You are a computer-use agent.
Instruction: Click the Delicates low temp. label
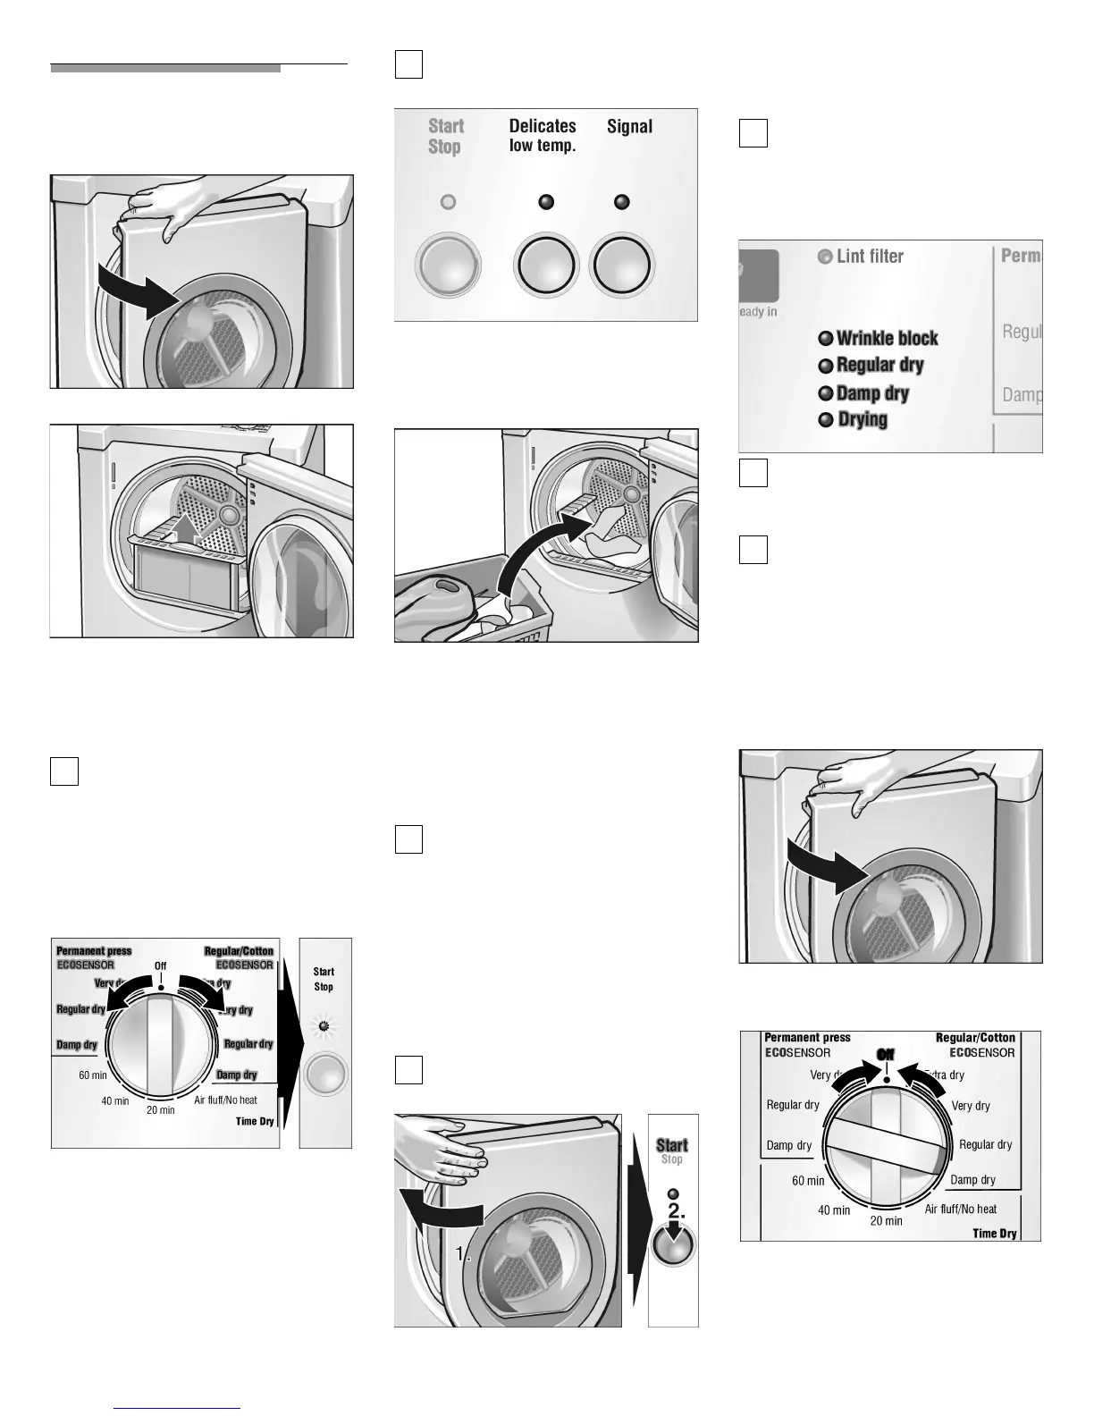click(543, 135)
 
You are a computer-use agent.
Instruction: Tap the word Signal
click(629, 126)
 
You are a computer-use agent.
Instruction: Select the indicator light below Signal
click(622, 202)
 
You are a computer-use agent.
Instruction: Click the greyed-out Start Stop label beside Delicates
click(445, 136)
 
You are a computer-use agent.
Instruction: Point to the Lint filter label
click(870, 257)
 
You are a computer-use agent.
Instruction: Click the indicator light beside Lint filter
click(825, 257)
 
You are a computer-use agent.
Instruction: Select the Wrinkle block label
click(887, 338)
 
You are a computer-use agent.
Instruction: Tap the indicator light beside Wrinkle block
click(826, 339)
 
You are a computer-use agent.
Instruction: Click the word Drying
click(863, 419)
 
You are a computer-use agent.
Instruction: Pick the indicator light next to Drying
click(826, 420)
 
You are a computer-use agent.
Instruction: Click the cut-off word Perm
click(1020, 256)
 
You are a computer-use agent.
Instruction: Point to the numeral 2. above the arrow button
click(676, 1211)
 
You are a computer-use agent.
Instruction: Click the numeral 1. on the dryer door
click(462, 1254)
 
